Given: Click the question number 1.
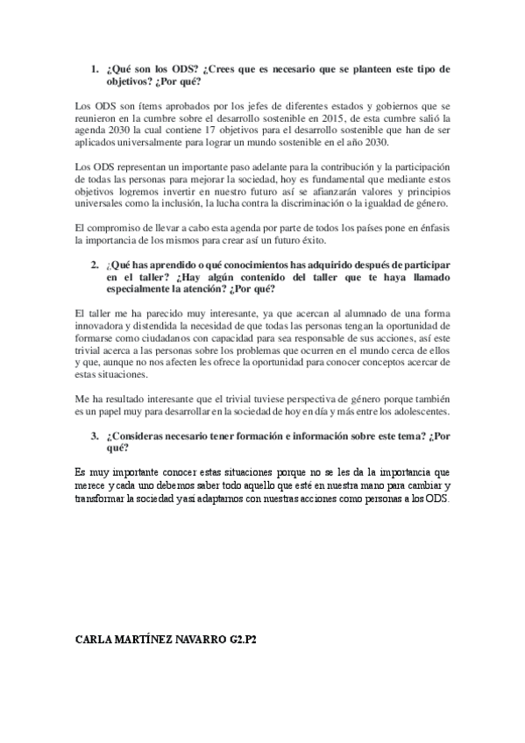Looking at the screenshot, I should [x=95, y=68].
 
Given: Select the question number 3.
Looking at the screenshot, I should [x=95, y=435].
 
